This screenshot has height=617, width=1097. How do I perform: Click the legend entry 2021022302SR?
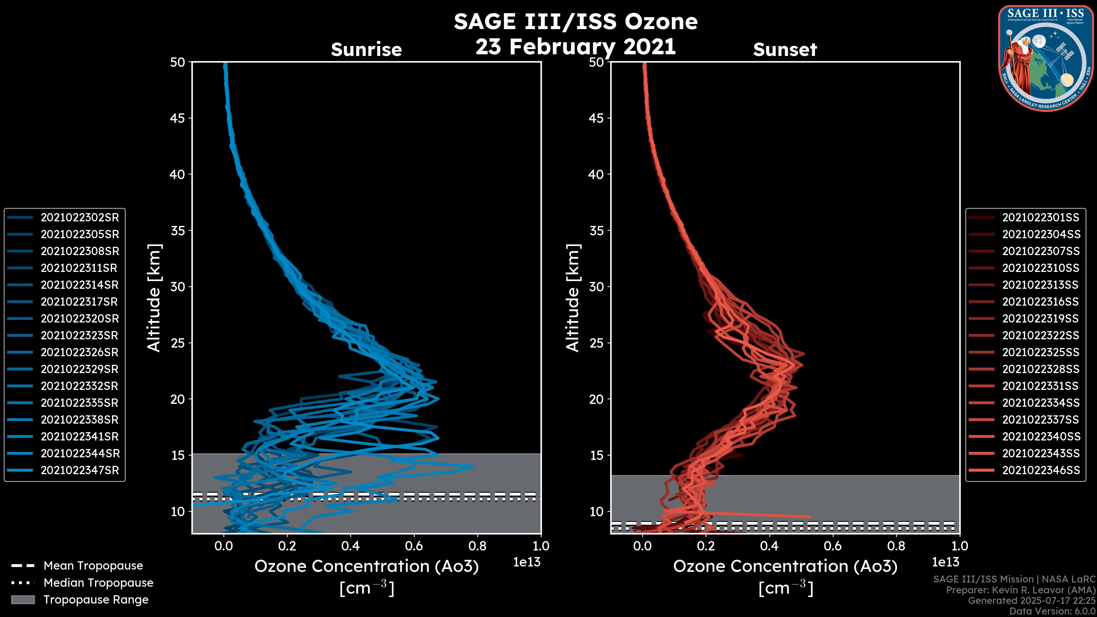point(80,218)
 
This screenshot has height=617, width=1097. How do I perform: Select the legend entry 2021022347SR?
point(80,470)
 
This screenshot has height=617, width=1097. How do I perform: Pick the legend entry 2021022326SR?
point(80,352)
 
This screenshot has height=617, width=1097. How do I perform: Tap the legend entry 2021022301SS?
point(1040,218)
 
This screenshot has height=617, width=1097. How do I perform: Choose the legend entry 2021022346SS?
point(1041,470)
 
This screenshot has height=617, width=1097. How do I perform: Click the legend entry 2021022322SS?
point(1040,336)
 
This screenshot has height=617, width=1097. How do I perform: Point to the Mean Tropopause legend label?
point(93,566)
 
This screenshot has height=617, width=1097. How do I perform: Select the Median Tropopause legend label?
point(98,583)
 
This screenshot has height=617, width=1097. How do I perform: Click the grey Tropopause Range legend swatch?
point(23,600)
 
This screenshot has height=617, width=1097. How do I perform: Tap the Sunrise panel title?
point(366,50)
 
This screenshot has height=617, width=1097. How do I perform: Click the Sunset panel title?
point(785,50)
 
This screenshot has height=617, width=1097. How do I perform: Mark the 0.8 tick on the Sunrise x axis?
point(477,546)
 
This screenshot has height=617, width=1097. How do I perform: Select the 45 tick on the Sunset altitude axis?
point(596,118)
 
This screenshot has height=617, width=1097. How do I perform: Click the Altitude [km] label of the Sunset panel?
point(573,298)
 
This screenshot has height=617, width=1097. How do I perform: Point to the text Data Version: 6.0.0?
point(1053,612)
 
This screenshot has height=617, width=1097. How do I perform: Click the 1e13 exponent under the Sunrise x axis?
point(527,562)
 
